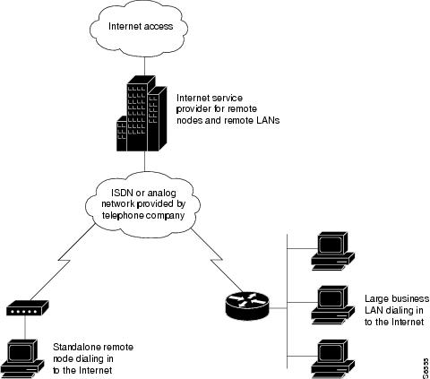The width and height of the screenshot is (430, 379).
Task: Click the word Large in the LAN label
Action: (379, 298)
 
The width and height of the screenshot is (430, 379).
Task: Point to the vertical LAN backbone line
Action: (284, 301)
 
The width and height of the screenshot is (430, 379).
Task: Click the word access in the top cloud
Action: (164, 26)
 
